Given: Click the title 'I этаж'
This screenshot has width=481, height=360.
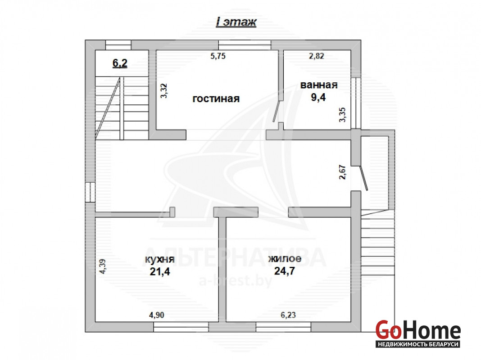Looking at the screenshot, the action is pos(236,22).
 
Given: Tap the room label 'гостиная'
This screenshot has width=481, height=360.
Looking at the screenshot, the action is pos(216,99).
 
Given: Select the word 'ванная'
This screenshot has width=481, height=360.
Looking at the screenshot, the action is pos(319,85).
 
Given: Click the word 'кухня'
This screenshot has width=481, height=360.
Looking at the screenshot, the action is pos(160,259).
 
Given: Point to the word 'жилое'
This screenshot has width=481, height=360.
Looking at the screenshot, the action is pos(285,258).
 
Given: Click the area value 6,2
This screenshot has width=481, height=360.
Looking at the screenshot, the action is pos(120,63).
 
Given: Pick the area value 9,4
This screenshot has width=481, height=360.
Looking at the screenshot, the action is pos(318,98).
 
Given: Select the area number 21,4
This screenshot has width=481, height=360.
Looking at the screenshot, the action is pos(160,271).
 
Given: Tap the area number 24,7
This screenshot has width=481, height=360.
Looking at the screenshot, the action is pos(284,271).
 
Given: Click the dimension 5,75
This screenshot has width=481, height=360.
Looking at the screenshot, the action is pos(218,56).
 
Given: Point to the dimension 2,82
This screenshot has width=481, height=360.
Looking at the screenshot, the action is pos(316,56).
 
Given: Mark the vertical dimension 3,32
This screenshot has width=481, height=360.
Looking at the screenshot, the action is pos(164,91).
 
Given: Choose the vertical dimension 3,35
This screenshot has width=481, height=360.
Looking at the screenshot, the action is pos(342,115).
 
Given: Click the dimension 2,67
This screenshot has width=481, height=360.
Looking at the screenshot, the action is pos(343,172).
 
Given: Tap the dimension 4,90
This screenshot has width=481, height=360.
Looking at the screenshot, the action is pos(156,315).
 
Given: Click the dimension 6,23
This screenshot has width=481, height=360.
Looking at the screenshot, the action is pos(288,315).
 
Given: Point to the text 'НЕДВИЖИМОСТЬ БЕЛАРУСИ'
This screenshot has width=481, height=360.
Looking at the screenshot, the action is pos(418,344).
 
